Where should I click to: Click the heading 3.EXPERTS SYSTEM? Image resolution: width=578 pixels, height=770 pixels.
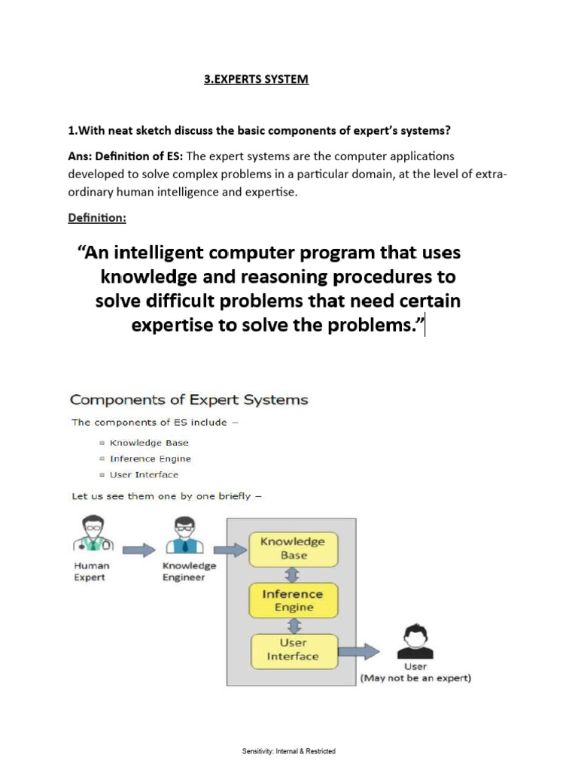256,79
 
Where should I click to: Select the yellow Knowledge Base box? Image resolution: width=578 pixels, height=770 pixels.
293,548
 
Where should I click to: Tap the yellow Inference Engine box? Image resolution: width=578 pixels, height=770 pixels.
293,601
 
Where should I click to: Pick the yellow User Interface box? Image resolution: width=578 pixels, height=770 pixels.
293,650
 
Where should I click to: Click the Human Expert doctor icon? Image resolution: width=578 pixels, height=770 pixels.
91,535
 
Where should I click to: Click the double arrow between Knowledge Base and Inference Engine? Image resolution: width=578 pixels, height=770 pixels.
294,574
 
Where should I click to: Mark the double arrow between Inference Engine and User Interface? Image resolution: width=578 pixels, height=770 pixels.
294,626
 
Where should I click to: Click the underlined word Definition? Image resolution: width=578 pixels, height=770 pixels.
97,218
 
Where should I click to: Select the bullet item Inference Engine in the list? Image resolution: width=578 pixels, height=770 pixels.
150,459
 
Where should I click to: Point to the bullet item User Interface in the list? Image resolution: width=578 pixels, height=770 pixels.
144,474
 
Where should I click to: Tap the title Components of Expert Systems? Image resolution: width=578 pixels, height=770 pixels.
189,399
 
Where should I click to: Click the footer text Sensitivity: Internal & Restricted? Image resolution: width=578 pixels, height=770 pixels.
289,751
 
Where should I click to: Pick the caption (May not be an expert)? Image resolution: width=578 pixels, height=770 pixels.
415,678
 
